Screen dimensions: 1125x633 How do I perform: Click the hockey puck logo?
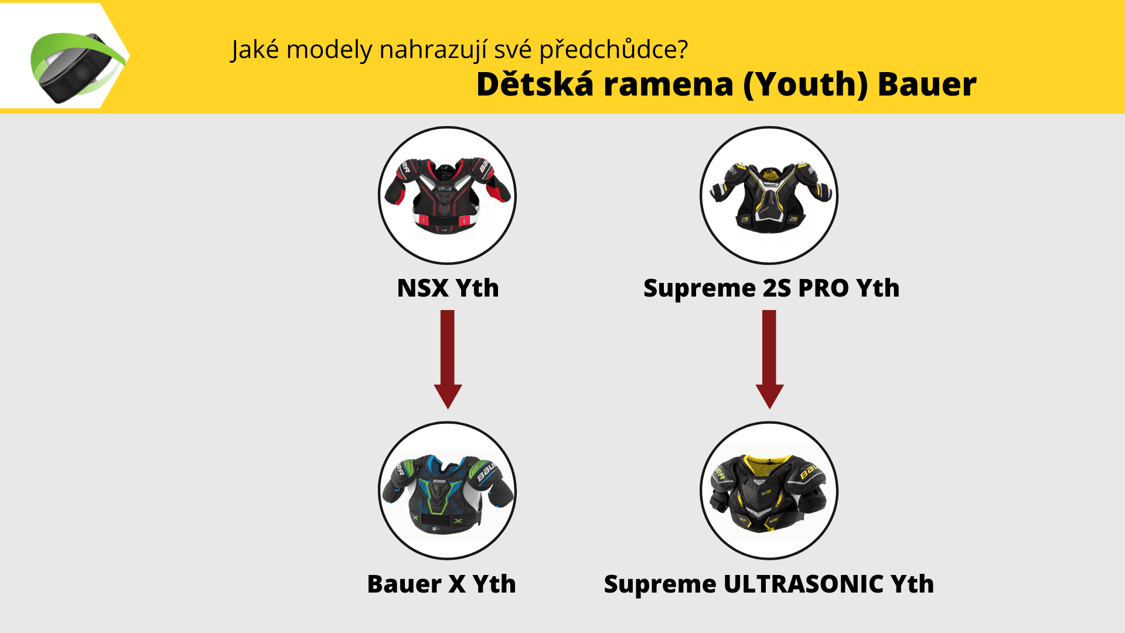[78, 67]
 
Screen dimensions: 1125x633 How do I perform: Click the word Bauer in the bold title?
[927, 84]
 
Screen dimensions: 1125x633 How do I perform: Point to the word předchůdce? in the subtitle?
[613, 50]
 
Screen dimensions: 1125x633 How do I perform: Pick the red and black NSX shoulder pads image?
[447, 195]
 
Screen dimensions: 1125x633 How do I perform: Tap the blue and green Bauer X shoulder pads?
[448, 493]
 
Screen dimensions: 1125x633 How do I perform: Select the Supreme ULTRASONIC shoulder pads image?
[769, 493]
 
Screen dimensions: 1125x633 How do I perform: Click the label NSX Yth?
[448, 288]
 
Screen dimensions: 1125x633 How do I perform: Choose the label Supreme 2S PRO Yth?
[771, 288]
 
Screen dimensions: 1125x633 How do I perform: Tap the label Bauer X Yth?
[441, 584]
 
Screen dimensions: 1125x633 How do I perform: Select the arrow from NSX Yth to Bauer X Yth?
[448, 359]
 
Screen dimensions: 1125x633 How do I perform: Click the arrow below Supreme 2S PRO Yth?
[769, 359]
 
